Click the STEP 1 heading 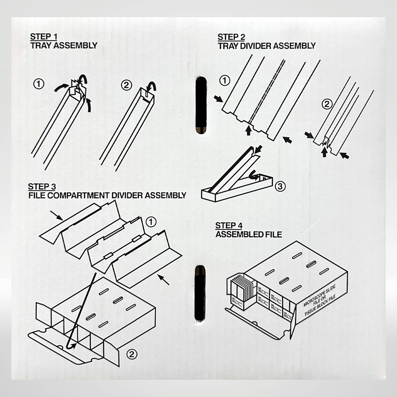click(x=44, y=37)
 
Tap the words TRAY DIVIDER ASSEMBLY click(x=267, y=46)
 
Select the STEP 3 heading click(x=42, y=187)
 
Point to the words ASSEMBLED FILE click(x=248, y=234)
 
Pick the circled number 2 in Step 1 click(x=126, y=85)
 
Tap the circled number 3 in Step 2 click(x=280, y=186)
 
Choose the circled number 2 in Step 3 click(x=132, y=354)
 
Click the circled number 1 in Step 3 click(x=151, y=222)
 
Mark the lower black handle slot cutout click(x=200, y=293)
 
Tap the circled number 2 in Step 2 click(x=327, y=104)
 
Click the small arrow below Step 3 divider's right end click(x=164, y=280)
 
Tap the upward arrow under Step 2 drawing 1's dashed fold click(x=249, y=130)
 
